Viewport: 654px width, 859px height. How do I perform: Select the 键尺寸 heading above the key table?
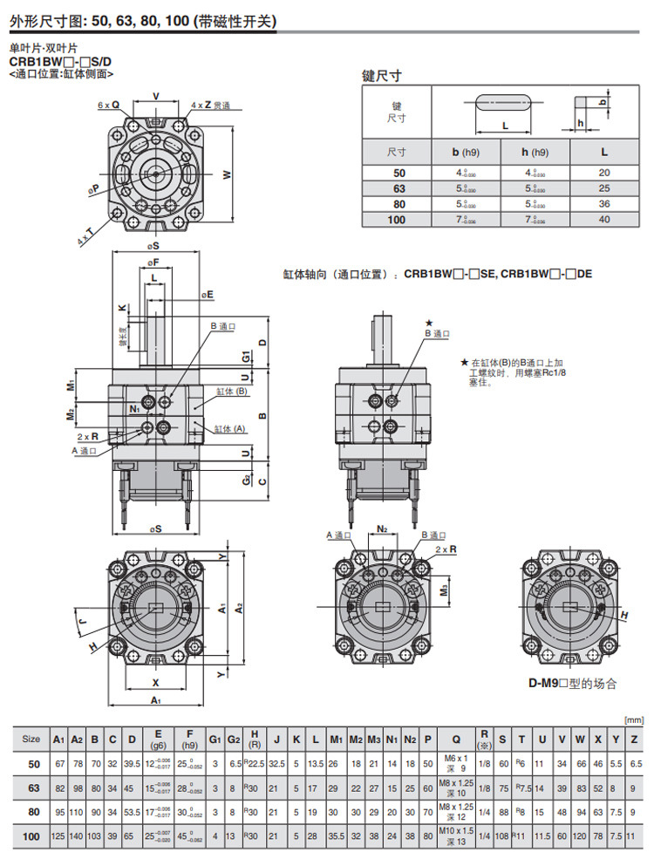(384, 76)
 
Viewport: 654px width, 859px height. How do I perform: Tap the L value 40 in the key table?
(604, 220)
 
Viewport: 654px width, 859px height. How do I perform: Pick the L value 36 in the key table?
(604, 204)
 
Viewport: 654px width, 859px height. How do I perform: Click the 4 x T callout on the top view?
(85, 235)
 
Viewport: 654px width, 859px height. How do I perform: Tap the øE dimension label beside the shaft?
(207, 296)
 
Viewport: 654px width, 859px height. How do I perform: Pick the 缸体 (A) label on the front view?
(230, 428)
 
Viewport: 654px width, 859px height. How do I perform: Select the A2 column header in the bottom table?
(77, 740)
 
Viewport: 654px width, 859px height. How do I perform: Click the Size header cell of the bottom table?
(31, 740)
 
